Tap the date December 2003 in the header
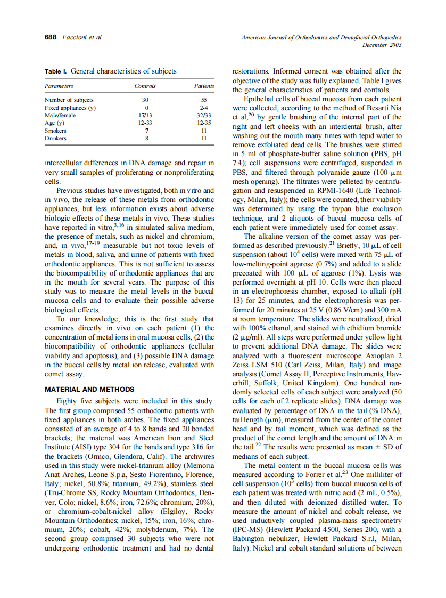(x=382, y=45)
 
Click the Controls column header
(x=145, y=86)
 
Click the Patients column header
(x=204, y=86)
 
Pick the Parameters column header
(x=59, y=86)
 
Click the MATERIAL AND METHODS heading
(x=89, y=389)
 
